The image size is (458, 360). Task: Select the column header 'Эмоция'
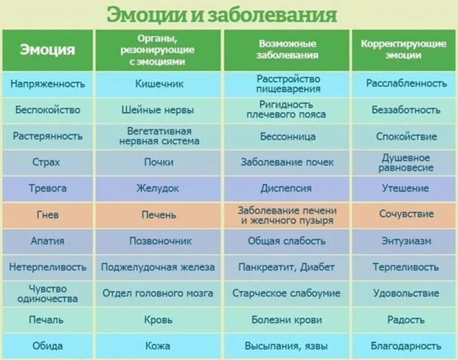[x=48, y=50]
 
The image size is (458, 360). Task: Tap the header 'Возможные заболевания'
[x=287, y=50]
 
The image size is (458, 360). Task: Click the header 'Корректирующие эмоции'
[x=403, y=50]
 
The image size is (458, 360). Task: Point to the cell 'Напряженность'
[x=48, y=84]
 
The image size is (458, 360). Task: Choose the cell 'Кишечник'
[x=159, y=84]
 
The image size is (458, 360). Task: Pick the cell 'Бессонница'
[x=287, y=136]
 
